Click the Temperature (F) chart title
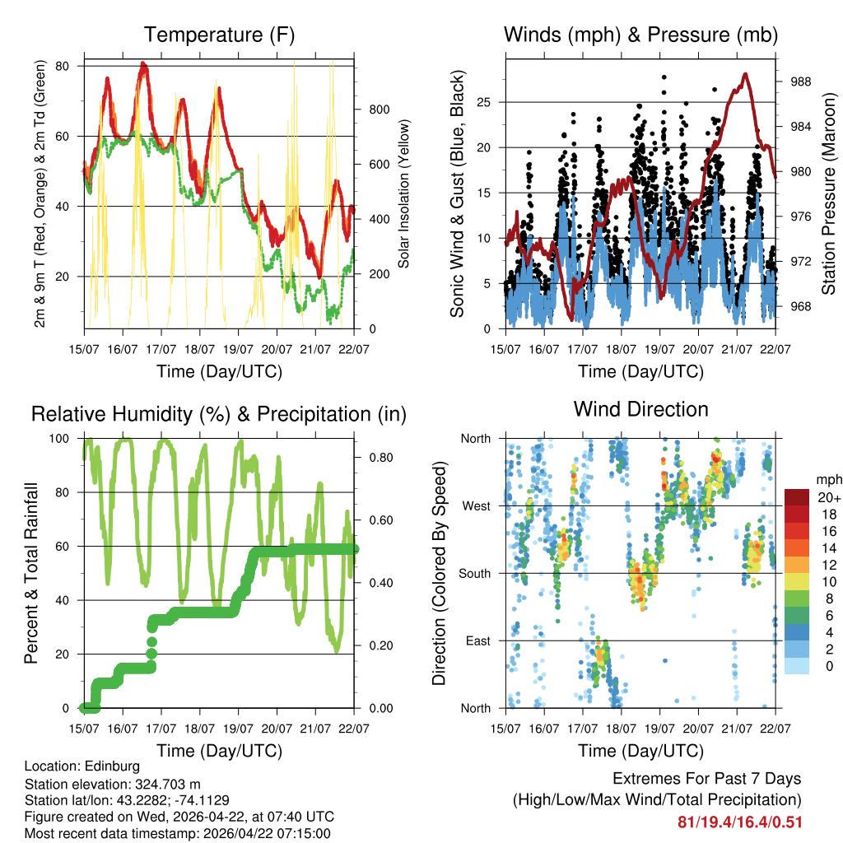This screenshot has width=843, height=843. [219, 35]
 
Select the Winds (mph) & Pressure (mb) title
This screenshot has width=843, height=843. [640, 35]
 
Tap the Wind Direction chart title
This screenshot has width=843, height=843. [640, 408]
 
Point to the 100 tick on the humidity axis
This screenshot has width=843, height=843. [66, 439]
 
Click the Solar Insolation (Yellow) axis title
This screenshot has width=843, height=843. [404, 194]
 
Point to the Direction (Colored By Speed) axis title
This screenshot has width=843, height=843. [439, 573]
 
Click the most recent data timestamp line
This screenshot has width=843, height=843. [178, 833]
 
